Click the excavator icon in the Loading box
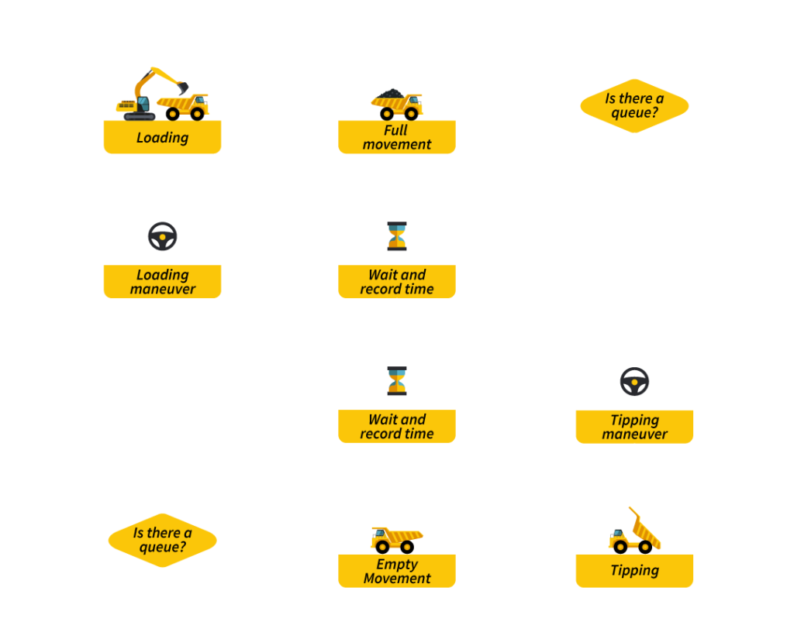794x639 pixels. click(147, 94)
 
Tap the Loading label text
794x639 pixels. click(162, 138)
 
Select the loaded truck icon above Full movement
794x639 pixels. click(397, 103)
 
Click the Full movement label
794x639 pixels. click(397, 138)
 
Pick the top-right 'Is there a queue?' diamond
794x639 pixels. click(634, 105)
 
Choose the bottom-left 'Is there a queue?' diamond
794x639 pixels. click(162, 540)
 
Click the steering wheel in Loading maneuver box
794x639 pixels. click(162, 236)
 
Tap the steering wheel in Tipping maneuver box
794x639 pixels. click(634, 381)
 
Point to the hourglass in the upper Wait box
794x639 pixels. click(397, 236)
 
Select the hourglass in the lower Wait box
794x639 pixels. click(397, 381)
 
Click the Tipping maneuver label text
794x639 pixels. click(634, 427)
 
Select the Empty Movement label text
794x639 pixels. click(397, 572)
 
